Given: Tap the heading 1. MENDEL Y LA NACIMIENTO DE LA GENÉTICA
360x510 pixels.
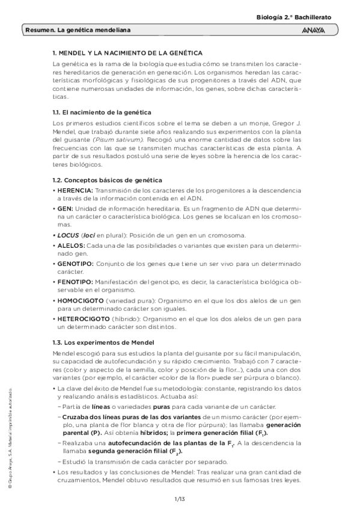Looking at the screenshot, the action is [x=127, y=54].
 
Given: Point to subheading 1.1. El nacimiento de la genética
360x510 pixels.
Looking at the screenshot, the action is [x=102, y=112].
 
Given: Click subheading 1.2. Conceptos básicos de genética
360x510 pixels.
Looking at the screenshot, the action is [x=107, y=180].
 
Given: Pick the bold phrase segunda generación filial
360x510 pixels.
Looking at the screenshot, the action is [x=124, y=450].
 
